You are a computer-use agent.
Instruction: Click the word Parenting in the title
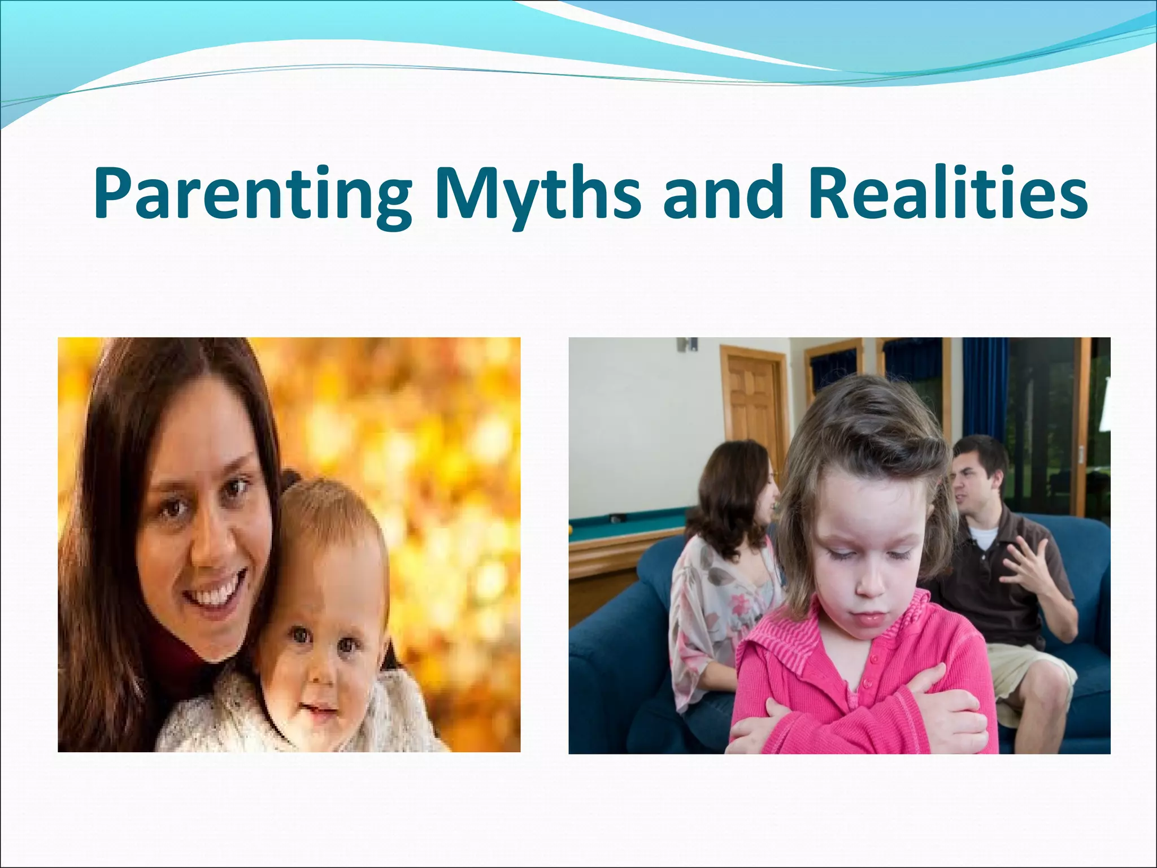click(x=252, y=193)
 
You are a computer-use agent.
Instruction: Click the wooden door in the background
click(x=751, y=407)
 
